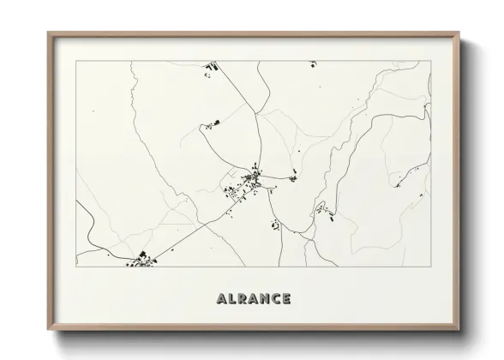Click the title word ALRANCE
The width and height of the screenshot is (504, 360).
[x=254, y=299]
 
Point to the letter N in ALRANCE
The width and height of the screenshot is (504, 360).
[x=266, y=299]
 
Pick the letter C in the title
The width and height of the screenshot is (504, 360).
[x=277, y=299]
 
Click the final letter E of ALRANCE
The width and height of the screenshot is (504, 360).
[x=287, y=299]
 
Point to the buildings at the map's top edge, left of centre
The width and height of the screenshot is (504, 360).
[x=208, y=67]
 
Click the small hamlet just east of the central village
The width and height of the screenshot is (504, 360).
[x=292, y=177]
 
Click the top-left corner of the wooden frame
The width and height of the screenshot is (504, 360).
[x=49, y=33]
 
